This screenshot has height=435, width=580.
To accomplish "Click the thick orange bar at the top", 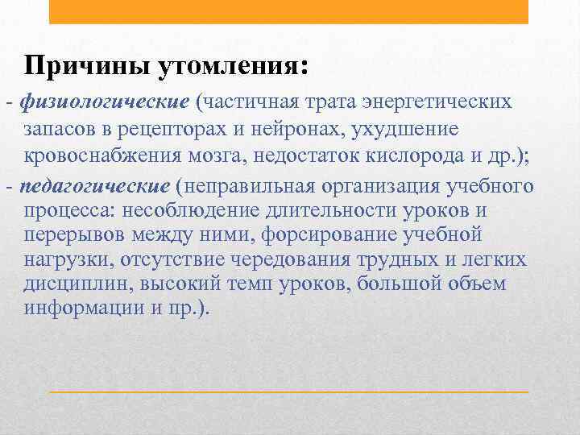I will [x=288, y=11].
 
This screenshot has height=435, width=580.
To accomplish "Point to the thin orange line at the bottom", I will [x=288, y=391].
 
